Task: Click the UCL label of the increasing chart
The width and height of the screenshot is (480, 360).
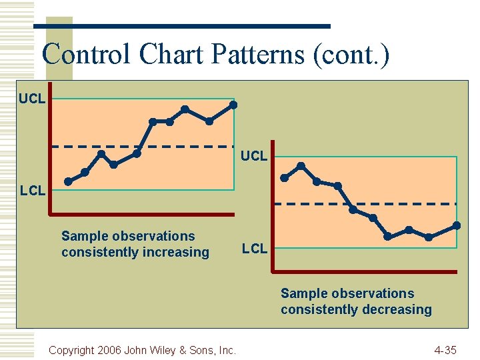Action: pyautogui.click(x=32, y=99)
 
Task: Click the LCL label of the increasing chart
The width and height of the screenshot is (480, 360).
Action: pyautogui.click(x=33, y=191)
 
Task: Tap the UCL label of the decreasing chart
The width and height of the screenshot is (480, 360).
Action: pyautogui.click(x=254, y=156)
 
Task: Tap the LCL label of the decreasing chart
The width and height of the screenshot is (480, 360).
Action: pyautogui.click(x=255, y=249)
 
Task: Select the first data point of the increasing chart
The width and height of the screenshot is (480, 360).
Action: pyautogui.click(x=68, y=181)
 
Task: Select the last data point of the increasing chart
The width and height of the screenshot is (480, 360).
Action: pyautogui.click(x=233, y=105)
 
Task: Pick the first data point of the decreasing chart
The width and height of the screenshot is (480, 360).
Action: pyautogui.click(x=284, y=178)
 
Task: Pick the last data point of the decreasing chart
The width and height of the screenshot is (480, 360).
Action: pyautogui.click(x=457, y=225)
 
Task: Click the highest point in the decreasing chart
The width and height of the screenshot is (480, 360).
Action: pyautogui.click(x=301, y=165)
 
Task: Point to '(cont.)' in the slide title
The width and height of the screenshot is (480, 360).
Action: pyautogui.click(x=351, y=54)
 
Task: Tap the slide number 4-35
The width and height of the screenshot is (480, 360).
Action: pyautogui.click(x=445, y=350)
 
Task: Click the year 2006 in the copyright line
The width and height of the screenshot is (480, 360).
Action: pyautogui.click(x=111, y=350)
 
